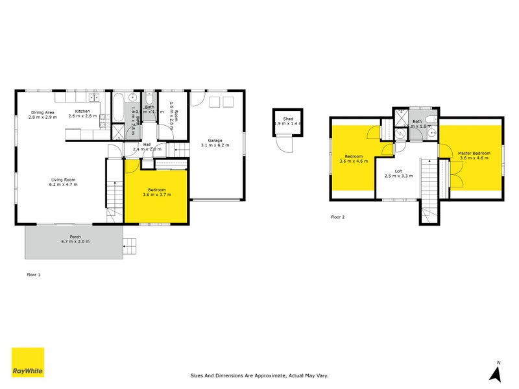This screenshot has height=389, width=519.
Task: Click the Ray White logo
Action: point(28,362)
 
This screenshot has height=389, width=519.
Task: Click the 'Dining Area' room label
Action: point(42,112)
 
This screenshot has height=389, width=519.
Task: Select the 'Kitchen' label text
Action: point(82,112)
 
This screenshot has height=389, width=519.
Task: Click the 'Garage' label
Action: point(215,140)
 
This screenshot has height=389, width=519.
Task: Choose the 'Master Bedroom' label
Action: point(474,154)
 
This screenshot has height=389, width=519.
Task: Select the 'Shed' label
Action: point(288,119)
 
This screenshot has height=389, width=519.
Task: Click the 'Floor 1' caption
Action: point(33,275)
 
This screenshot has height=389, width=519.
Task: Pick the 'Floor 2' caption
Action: point(337,217)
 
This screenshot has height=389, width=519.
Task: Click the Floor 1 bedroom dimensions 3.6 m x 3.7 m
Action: point(156,194)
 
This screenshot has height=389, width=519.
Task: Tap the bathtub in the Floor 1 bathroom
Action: point(119,109)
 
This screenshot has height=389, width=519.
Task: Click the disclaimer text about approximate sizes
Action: point(259,375)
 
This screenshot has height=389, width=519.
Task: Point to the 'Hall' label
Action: point(147,145)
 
